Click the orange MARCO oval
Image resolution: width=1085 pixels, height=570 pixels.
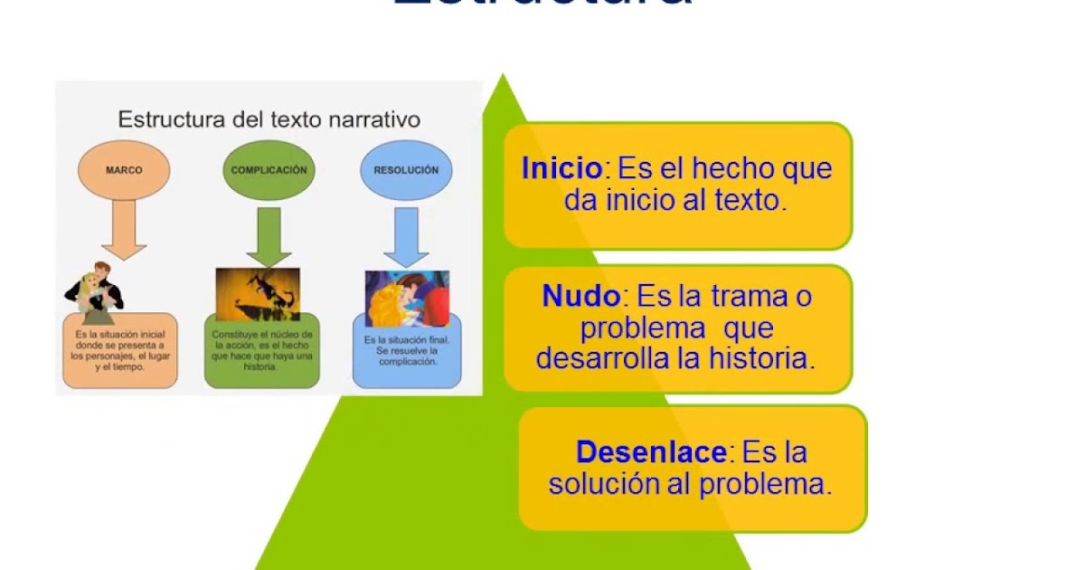[x=124, y=170]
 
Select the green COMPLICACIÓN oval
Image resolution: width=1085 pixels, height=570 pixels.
[x=269, y=170]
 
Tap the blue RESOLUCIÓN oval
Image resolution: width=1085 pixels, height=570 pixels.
[x=406, y=170]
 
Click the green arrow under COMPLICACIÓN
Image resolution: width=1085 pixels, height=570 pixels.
[x=269, y=235]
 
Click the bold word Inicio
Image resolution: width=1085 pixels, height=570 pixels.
[x=561, y=169]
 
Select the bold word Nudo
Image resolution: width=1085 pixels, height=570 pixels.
[x=581, y=296]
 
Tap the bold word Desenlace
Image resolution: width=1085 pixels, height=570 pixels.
[x=651, y=451]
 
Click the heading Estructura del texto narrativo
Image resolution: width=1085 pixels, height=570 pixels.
[x=269, y=119]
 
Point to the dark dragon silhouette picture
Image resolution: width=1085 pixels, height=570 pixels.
[x=258, y=294]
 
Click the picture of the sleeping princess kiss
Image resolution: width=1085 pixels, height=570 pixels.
[x=406, y=299]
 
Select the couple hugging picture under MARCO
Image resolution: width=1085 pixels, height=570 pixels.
[x=95, y=294]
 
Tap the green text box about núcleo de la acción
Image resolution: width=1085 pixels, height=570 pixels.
[x=262, y=352]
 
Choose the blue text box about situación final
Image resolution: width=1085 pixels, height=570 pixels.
[x=407, y=351]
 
